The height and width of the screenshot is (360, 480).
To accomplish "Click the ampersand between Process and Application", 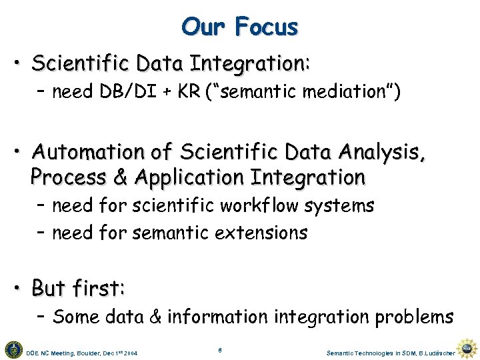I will click(122, 177).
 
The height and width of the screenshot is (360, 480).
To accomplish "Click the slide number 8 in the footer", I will click(220, 349).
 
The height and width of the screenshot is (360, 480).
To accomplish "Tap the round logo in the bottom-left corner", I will click(13, 349).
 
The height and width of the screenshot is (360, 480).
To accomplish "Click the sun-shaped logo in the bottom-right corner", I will click(467, 349).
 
